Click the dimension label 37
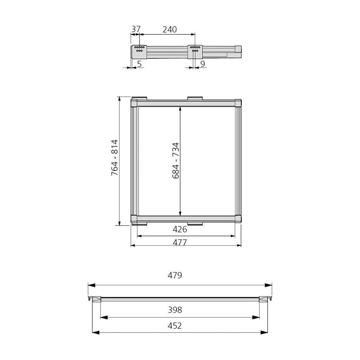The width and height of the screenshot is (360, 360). click(136, 29)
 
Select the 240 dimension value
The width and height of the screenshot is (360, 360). click(170, 30)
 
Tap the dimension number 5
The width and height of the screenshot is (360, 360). click(140, 64)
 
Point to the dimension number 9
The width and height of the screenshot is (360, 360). click(202, 64)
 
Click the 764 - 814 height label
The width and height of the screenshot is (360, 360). click(114, 158)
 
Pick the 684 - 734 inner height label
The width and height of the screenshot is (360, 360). click(175, 161)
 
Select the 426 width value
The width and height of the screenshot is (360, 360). click(180, 229)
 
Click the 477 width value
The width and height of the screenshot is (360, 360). click(180, 243)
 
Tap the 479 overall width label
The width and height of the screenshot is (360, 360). click(175, 275)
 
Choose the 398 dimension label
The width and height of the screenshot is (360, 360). click(175, 310)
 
